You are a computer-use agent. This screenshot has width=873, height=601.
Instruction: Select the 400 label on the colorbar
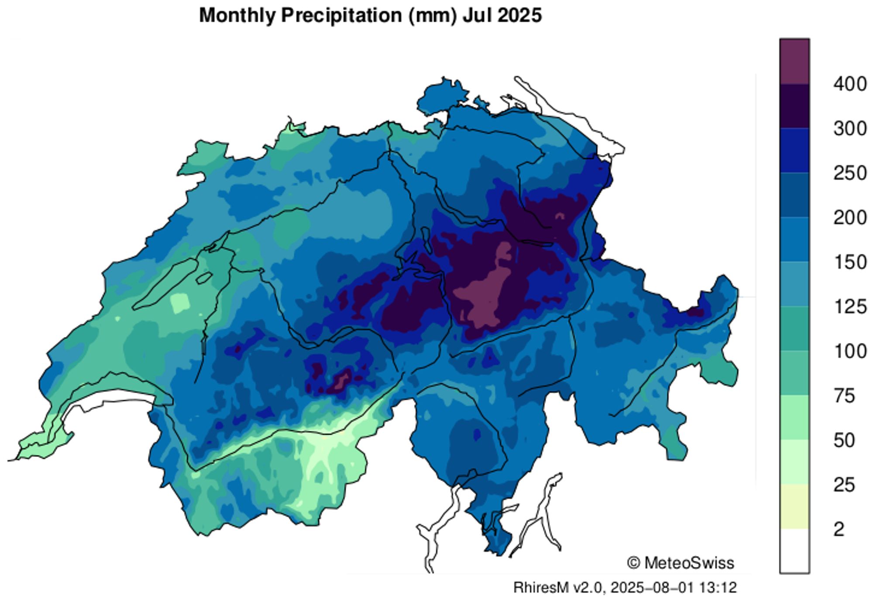[849, 84]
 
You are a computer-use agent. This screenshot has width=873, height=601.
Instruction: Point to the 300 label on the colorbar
[849, 129]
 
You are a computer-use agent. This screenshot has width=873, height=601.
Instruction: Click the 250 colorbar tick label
[849, 173]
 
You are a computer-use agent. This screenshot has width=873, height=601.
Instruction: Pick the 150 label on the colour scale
[849, 262]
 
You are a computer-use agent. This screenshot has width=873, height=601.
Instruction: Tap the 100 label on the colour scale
[849, 351]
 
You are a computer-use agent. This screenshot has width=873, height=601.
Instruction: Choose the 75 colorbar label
[844, 396]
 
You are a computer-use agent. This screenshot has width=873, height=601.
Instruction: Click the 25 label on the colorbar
[844, 485]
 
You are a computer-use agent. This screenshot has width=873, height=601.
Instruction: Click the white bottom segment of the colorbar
[794, 551]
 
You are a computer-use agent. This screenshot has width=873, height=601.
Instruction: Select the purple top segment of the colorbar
[794, 62]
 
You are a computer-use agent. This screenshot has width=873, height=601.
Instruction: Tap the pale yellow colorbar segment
[794, 507]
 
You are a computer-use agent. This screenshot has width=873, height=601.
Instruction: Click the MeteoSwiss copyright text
[681, 563]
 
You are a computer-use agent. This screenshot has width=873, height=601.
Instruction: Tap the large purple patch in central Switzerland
[485, 297]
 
